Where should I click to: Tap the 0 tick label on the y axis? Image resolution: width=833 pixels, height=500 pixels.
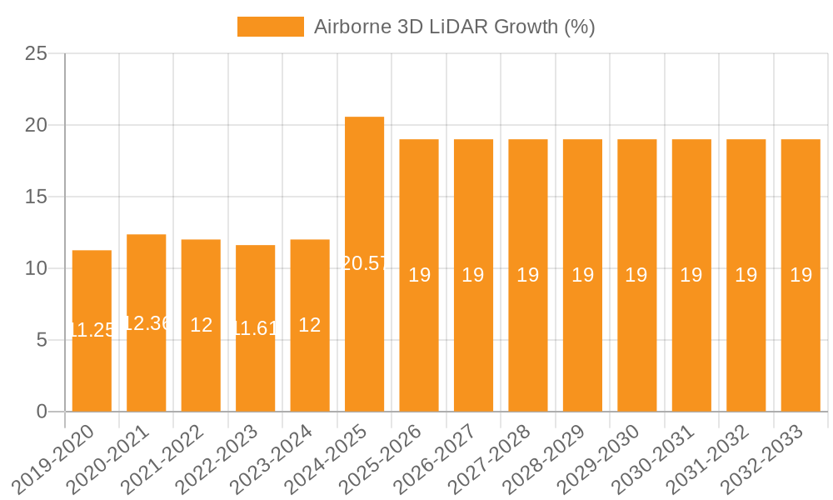click(x=42, y=412)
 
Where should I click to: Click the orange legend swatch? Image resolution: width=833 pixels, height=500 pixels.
click(x=270, y=27)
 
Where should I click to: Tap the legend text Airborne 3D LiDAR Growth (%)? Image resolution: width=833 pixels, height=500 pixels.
click(x=454, y=27)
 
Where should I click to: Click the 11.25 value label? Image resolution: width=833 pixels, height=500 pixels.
click(x=92, y=330)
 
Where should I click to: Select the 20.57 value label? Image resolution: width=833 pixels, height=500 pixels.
click(x=364, y=263)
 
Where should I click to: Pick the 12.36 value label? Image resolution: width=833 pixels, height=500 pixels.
click(x=147, y=323)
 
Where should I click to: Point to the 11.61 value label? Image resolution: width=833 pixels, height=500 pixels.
click(x=255, y=328)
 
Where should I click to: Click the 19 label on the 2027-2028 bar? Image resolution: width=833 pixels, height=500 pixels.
click(x=528, y=275)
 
